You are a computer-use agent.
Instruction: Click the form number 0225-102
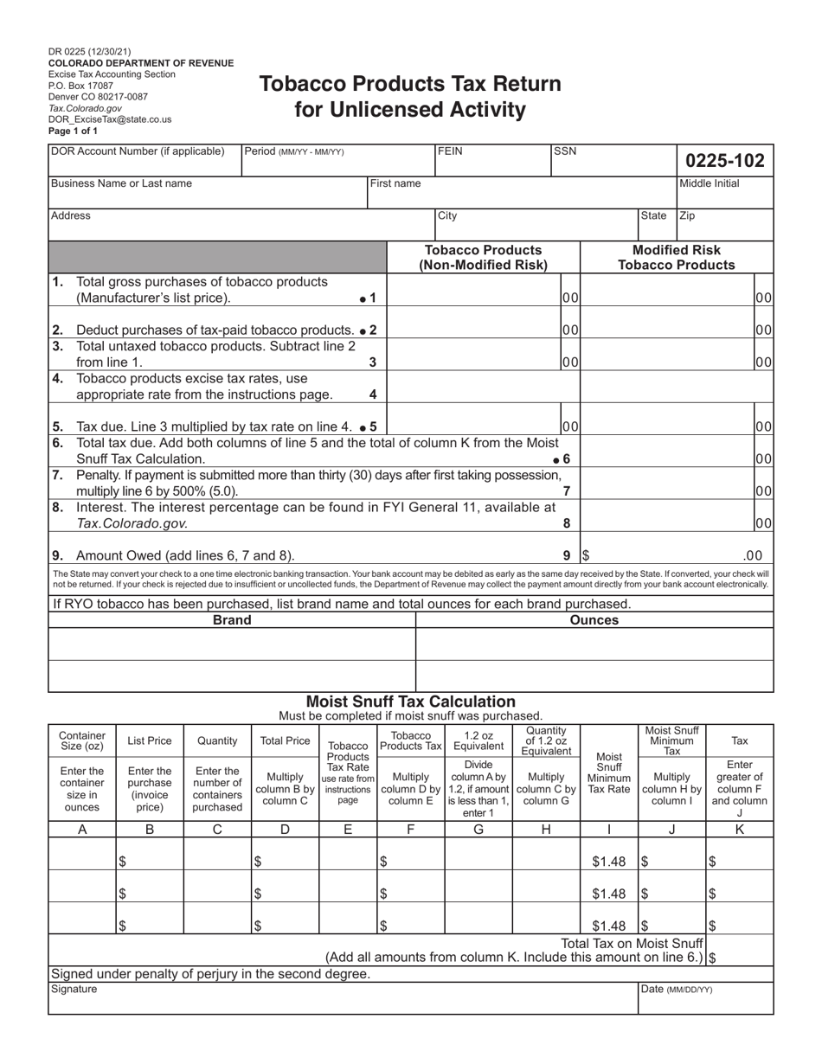click(725, 160)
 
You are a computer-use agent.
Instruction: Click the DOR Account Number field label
click(138, 151)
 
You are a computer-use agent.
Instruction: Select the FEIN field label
click(451, 151)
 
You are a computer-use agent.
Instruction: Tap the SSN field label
click(565, 151)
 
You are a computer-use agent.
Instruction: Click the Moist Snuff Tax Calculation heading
click(410, 702)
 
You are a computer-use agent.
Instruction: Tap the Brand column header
click(232, 620)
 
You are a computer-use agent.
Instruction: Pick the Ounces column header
click(594, 620)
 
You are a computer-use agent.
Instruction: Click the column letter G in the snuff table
click(478, 828)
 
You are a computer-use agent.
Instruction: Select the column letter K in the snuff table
click(740, 828)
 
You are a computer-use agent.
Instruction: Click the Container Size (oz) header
click(82, 740)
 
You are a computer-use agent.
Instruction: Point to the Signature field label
click(74, 989)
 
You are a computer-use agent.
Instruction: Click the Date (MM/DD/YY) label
click(676, 989)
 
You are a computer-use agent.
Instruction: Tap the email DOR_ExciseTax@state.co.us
click(110, 120)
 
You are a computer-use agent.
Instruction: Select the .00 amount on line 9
click(752, 555)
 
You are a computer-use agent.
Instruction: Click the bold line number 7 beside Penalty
click(566, 490)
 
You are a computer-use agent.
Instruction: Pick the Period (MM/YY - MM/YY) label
click(294, 151)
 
